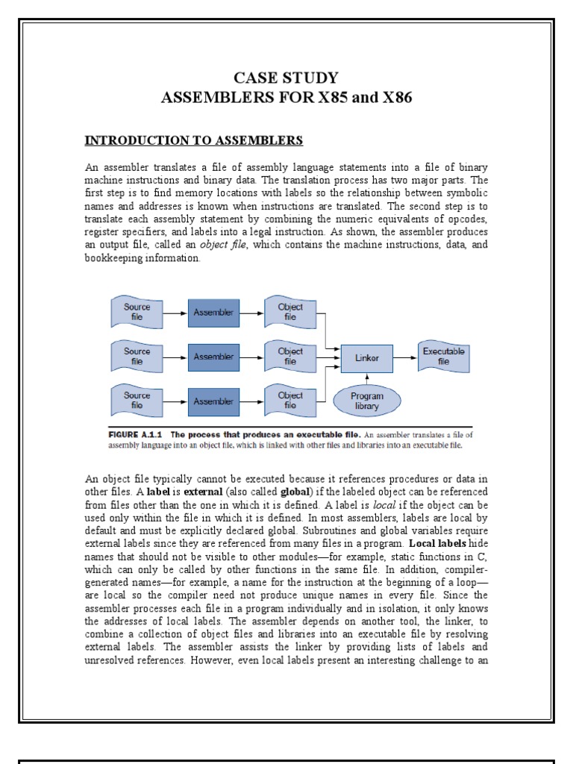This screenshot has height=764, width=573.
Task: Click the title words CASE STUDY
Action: click(286, 78)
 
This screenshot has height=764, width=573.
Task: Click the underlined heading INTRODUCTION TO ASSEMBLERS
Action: click(193, 140)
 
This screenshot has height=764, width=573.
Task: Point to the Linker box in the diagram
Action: click(366, 358)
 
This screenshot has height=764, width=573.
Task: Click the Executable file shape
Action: click(444, 356)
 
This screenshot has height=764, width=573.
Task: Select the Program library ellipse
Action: click(366, 401)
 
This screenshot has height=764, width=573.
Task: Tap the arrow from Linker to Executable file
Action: click(404, 358)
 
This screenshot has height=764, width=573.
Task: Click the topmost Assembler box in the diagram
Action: click(213, 312)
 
